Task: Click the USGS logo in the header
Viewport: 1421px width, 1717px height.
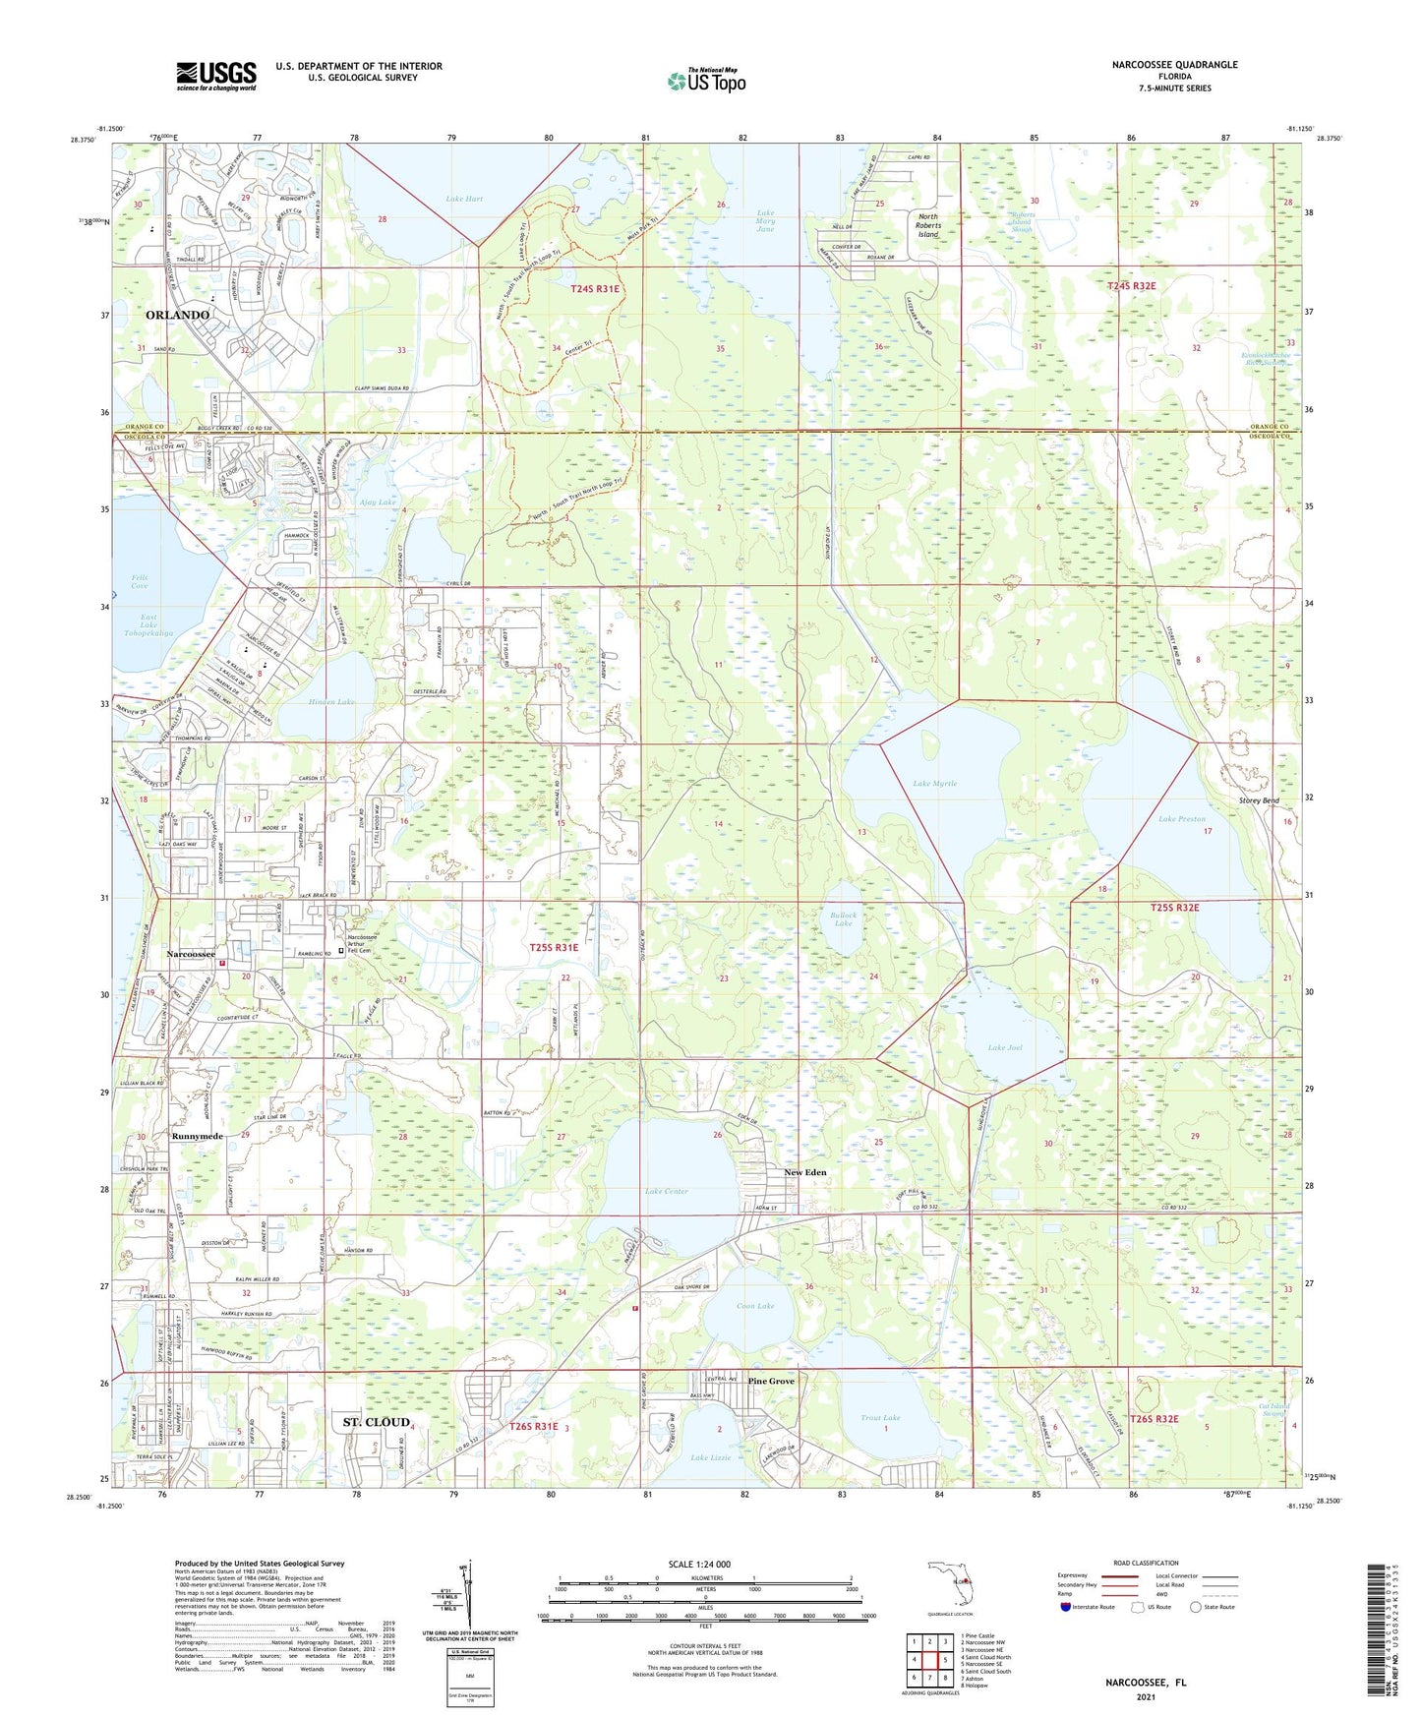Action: coord(215,76)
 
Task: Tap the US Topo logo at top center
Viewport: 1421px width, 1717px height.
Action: coord(706,81)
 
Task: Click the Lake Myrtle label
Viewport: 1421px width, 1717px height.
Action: coord(933,784)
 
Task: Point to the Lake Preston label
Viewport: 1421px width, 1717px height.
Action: coord(1180,819)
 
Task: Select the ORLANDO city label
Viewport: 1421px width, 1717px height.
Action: coord(177,315)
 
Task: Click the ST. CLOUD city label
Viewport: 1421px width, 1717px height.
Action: coord(375,1422)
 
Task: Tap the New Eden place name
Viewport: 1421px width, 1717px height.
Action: coord(804,1172)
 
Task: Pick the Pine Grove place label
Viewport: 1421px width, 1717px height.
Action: coord(770,1382)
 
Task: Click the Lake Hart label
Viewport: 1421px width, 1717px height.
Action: coord(464,199)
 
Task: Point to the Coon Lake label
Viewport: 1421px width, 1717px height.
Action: coord(754,1306)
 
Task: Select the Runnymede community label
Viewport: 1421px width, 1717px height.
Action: coord(197,1136)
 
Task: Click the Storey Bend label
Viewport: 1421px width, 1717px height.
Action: coord(1258,800)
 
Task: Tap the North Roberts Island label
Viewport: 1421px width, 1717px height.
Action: coord(927,225)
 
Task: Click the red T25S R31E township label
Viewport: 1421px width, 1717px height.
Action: coord(554,947)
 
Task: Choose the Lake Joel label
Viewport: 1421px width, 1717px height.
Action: coord(1004,1047)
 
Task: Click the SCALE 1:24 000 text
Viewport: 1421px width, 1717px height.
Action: coord(698,1564)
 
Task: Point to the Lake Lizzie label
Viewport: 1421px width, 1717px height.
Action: coord(710,1457)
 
